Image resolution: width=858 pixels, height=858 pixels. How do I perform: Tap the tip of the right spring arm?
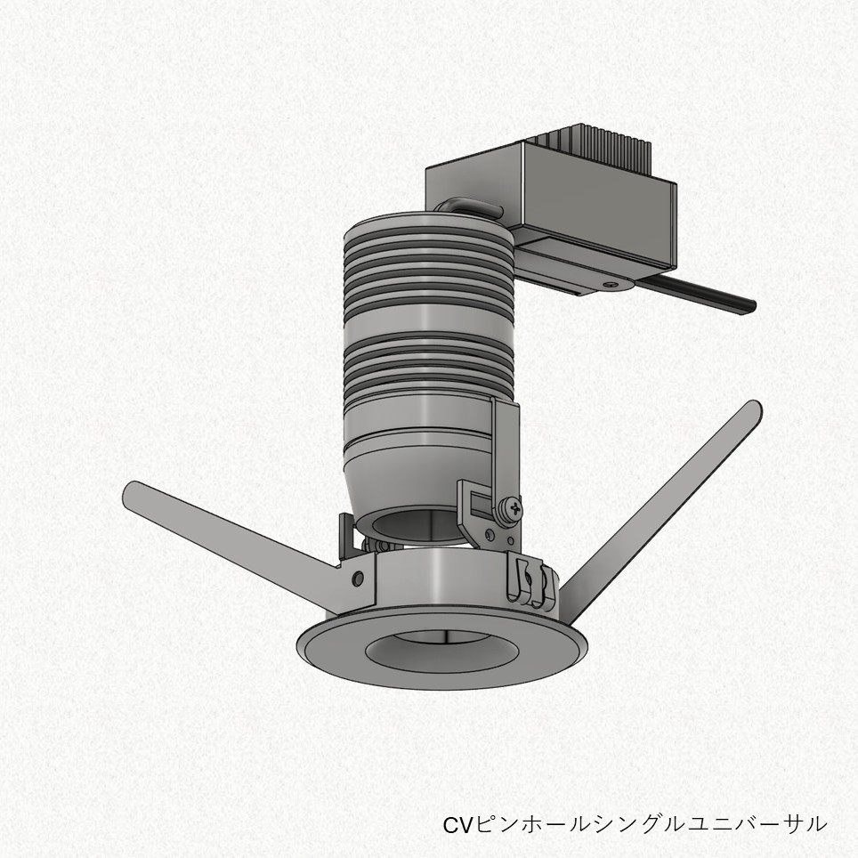click(x=754, y=408)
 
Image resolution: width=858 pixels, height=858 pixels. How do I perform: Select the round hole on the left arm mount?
click(x=358, y=578)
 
